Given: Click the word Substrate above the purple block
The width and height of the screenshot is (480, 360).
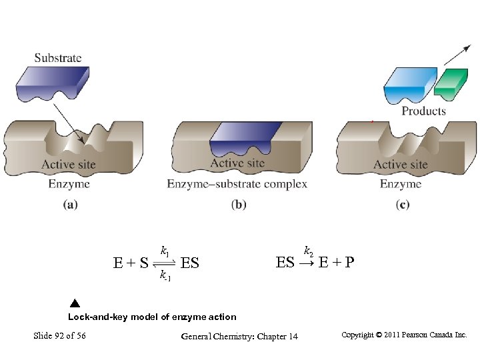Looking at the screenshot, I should click(58, 58).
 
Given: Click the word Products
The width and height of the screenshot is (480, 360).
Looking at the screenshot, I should click(423, 111).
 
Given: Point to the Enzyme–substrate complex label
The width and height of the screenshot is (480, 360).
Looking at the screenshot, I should click(237, 184).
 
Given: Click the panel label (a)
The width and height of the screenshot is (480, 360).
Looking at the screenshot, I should click(70, 205).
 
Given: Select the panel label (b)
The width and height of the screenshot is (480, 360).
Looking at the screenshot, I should click(239, 205).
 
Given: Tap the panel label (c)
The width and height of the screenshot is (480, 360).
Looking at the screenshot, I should click(402, 205).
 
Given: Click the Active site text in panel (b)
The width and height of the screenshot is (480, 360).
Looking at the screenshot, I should click(237, 163).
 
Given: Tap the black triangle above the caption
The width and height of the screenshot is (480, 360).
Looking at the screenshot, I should click(75, 305).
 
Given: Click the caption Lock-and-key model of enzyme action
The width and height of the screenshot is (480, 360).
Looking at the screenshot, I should click(152, 317).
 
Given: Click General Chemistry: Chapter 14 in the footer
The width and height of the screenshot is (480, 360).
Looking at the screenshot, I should click(239, 336).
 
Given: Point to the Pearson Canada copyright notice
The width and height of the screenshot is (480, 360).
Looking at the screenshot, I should click(404, 335).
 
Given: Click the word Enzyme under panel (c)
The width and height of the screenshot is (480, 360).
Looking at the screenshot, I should click(401, 184).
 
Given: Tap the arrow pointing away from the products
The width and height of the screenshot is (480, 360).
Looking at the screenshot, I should click(453, 56).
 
